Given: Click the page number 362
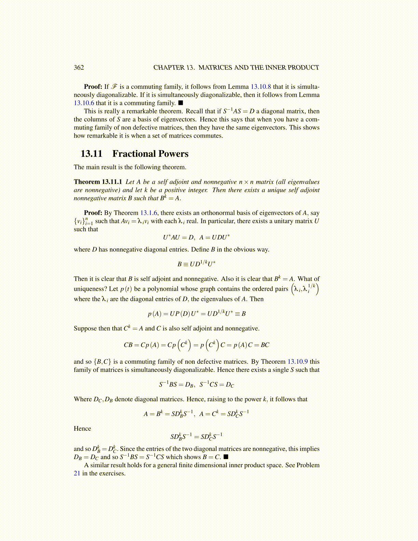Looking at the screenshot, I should pos(79,67).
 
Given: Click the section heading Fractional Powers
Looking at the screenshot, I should pos(150,154).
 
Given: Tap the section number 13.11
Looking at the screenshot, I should pos(92,154).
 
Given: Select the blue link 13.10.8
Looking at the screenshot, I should pos(261,87).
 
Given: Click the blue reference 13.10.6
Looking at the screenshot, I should pos(84,103).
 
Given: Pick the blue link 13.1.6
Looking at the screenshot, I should pos(149,213).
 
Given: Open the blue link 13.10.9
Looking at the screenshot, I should pos(298,362).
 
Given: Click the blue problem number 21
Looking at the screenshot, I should pos(77,473).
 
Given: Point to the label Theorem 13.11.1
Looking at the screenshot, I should pos(98,182).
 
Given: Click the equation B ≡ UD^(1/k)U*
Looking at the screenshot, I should pos(196,264).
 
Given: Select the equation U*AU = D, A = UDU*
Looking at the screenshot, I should pos(196,237).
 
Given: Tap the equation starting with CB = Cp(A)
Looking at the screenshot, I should pos(196,345).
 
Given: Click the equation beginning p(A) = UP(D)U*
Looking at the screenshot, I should pos(196,314).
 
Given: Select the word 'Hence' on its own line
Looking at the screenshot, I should pos(82,429).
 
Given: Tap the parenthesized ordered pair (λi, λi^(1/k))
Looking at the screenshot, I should pos(305,289).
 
